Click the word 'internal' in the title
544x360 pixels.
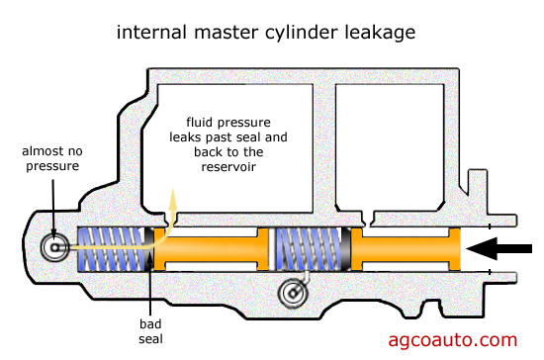[152, 33]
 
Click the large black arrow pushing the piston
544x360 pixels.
[499, 248]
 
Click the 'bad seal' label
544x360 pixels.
[150, 331]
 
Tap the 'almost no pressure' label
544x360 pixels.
[52, 158]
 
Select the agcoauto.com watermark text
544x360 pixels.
[453, 340]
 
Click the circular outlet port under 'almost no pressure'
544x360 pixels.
[55, 247]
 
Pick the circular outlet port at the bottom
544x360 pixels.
[294, 293]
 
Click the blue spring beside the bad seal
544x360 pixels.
[111, 248]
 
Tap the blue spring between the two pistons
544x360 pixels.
[308, 248]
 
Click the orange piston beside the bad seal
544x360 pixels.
[211, 248]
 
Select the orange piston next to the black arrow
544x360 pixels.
[406, 248]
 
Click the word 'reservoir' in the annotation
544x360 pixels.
[228, 167]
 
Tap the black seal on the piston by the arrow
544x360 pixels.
[346, 248]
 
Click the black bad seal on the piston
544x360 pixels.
[149, 248]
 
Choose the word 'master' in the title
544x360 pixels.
[227, 33]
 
